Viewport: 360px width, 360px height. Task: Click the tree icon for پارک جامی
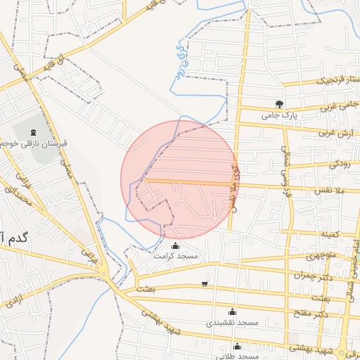279,103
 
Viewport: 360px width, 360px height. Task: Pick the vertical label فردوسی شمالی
286,172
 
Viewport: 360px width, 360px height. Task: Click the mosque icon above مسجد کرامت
175,246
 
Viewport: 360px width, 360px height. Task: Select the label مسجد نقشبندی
232,322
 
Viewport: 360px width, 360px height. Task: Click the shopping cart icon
205,284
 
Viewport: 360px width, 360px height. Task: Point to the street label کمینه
330,233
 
